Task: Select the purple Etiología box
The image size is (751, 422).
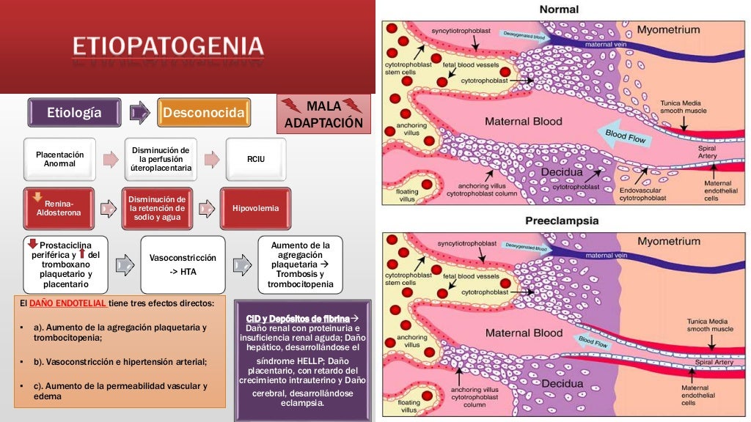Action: click(x=74, y=113)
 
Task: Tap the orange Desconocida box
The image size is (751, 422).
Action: click(x=204, y=113)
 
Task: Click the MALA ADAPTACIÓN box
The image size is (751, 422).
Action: click(x=323, y=114)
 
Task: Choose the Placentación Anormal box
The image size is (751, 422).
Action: click(x=60, y=159)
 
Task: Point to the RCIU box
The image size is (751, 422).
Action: click(x=255, y=159)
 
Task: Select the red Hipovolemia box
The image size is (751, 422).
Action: click(x=255, y=208)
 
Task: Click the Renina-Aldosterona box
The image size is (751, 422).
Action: click(x=60, y=208)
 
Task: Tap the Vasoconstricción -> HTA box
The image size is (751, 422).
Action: click(x=183, y=264)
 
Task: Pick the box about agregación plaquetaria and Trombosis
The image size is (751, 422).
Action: click(x=301, y=264)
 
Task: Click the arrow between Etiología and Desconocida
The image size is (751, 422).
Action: click(x=139, y=113)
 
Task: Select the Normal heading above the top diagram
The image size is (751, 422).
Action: click(x=559, y=10)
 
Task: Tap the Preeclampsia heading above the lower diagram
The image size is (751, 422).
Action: click(x=562, y=221)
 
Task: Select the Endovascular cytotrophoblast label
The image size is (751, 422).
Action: click(x=642, y=193)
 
